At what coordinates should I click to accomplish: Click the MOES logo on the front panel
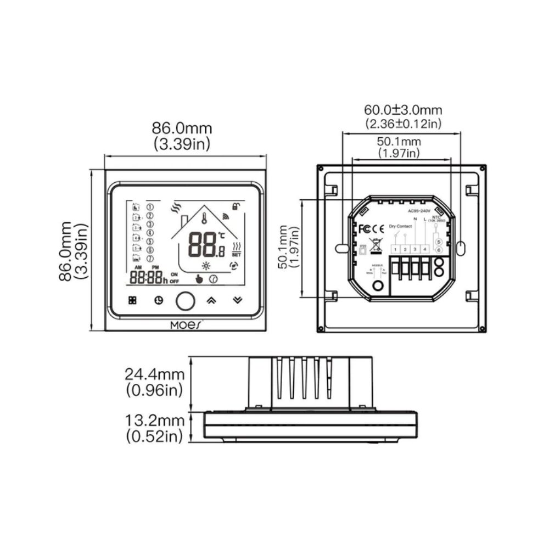tap(186, 324)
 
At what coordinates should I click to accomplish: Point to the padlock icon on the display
tap(236, 206)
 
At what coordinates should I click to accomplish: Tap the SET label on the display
tap(237, 255)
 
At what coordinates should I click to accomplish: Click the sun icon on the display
tap(206, 266)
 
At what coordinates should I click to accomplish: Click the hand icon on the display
tap(199, 279)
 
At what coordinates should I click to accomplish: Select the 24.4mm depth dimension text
tap(154, 374)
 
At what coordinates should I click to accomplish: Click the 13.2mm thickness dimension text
tap(154, 421)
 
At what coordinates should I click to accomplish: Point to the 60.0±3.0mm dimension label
tap(403, 111)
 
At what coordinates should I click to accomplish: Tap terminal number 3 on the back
tap(415, 250)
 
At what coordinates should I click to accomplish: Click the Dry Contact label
tap(400, 226)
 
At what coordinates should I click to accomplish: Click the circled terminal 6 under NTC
tap(438, 250)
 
